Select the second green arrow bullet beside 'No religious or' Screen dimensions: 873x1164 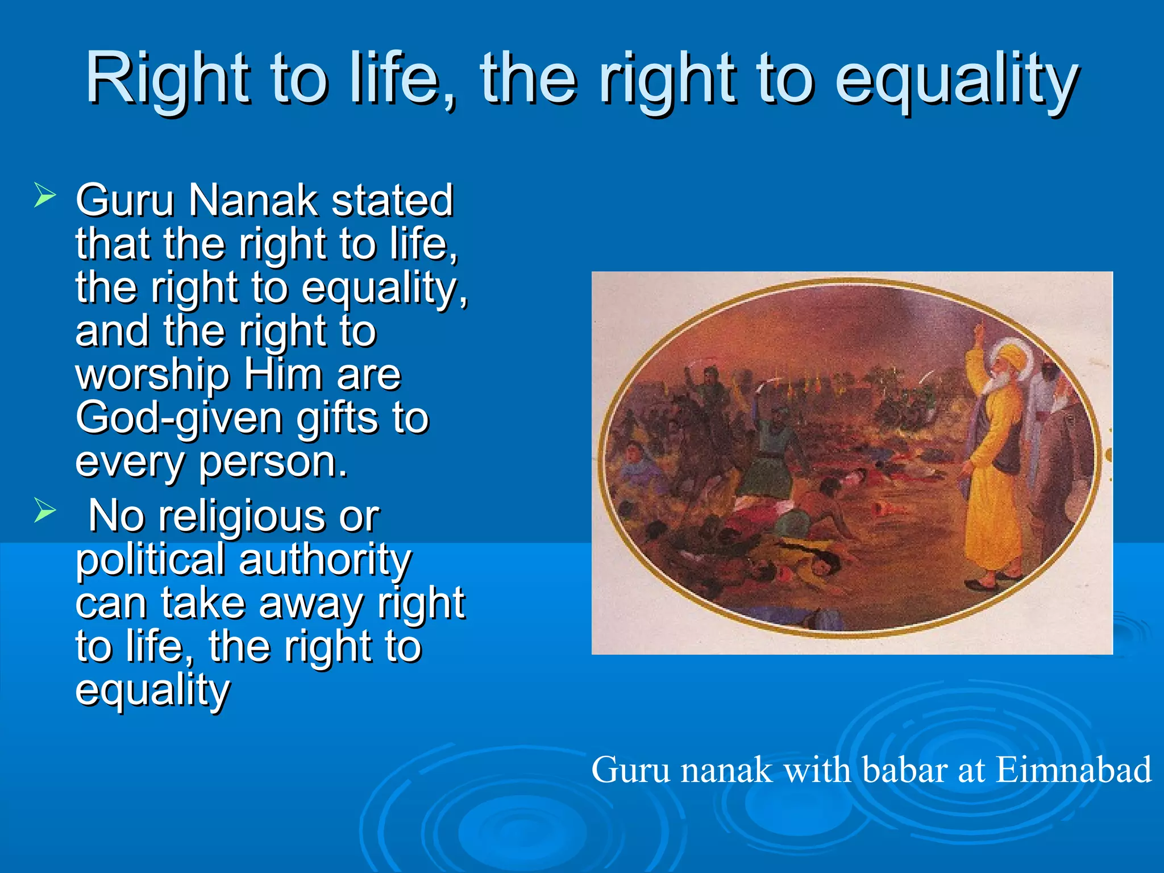[x=44, y=509]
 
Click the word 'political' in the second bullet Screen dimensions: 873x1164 [x=150, y=560]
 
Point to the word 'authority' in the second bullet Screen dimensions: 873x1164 [x=325, y=560]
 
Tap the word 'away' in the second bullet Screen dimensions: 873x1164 [x=310, y=604]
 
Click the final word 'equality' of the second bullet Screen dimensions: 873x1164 [x=152, y=691]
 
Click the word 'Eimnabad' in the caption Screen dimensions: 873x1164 [x=1073, y=770]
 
